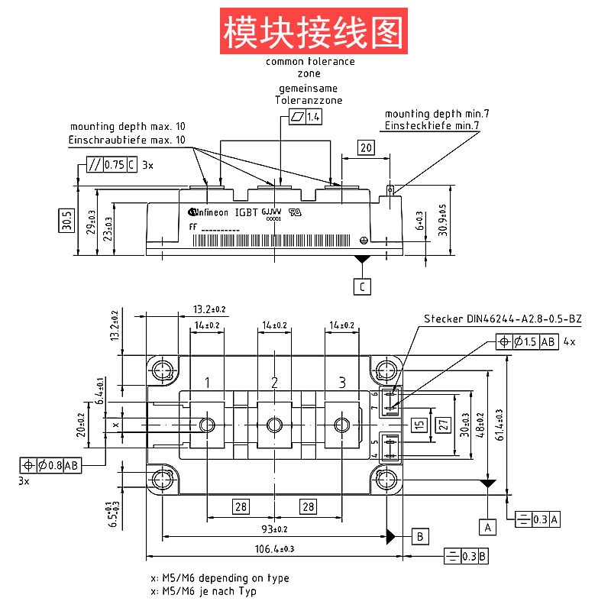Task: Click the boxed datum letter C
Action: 362,286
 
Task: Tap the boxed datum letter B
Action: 420,536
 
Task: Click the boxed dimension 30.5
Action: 67,221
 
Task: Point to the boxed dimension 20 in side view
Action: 365,148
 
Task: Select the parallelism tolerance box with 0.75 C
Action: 111,164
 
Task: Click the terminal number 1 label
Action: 207,382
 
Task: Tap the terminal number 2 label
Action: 274,382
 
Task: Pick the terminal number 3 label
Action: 341,382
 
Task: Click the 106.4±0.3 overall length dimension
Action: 275,548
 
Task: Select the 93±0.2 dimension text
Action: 275,529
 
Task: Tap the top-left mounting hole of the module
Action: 162,372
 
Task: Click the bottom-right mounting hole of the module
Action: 386,480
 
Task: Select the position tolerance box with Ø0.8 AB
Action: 50,465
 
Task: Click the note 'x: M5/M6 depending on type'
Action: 220,578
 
